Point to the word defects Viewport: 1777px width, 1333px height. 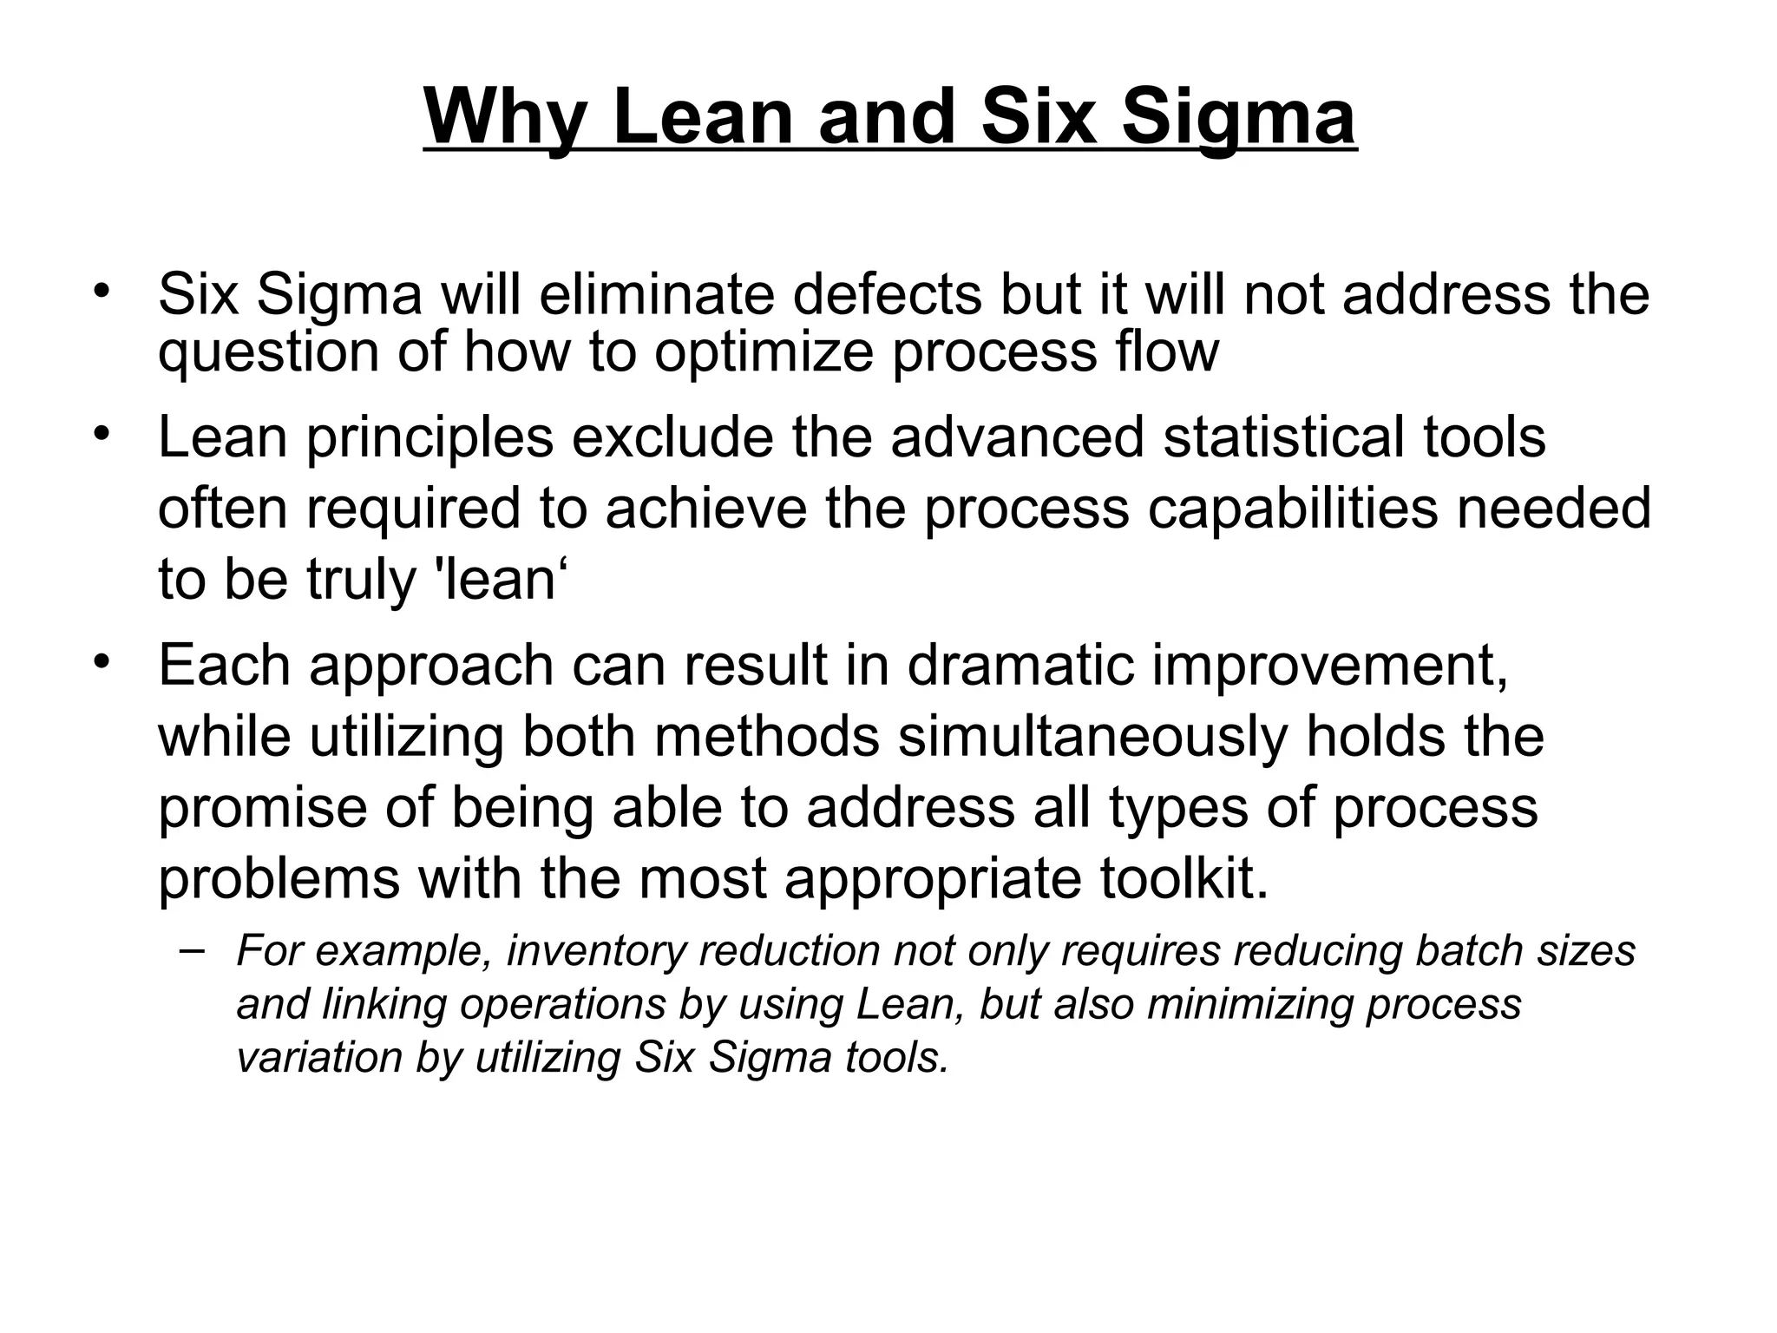pos(887,294)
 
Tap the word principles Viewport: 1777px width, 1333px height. pos(429,437)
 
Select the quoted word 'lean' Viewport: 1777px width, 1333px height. pos(499,579)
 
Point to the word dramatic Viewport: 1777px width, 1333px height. pos(1021,666)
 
